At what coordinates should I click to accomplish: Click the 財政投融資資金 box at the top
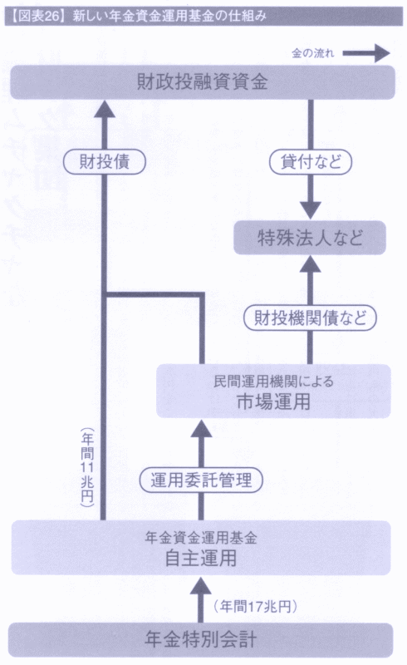pos(203,82)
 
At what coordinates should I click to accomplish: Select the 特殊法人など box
pos(310,238)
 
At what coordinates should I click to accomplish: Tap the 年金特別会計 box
pos(200,640)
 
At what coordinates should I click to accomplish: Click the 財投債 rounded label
pos(105,162)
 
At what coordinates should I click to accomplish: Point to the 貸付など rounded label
pos(311,162)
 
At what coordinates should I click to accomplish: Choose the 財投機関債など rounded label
pos(310,318)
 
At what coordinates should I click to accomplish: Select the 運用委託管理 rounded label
pos(201,480)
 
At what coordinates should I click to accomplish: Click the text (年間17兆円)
pos(256,607)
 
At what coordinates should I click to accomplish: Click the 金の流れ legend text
pos(313,53)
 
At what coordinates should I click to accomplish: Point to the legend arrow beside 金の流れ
pos(365,53)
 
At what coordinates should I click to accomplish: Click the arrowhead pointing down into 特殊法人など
pos(311,211)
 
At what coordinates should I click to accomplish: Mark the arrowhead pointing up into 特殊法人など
pos(311,264)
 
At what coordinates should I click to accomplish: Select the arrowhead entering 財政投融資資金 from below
pos(105,109)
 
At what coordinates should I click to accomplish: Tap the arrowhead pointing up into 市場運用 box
pos(201,428)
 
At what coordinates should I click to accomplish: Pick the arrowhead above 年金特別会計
pos(201,585)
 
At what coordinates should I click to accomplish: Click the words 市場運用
pos(273,401)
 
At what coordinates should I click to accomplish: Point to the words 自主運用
pos(201,558)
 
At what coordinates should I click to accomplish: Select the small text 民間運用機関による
pos(273,382)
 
